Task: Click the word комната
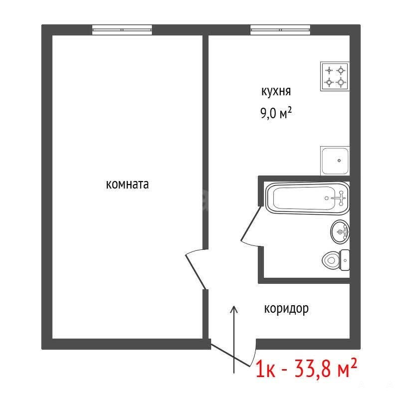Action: [x=127, y=185]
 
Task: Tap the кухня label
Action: [x=276, y=91]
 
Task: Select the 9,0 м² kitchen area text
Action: [x=276, y=113]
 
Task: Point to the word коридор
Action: [x=286, y=309]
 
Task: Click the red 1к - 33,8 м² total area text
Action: [x=306, y=368]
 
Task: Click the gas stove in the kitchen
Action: [x=335, y=76]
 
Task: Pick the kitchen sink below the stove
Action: [x=335, y=161]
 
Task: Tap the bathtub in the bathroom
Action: [x=307, y=198]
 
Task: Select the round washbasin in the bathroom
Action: [x=340, y=231]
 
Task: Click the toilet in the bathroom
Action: [x=336, y=260]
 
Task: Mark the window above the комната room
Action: [x=122, y=30]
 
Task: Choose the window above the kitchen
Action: [x=280, y=30]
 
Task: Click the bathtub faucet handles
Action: [x=341, y=198]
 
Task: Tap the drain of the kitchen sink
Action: [x=339, y=161]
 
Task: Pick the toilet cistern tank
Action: [x=345, y=260]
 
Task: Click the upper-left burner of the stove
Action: [x=329, y=70]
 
